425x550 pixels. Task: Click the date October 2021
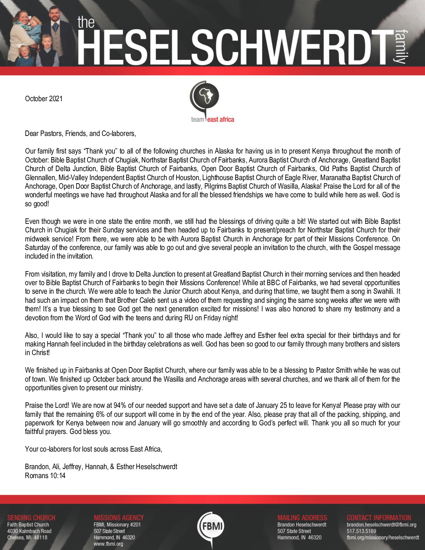click(x=44, y=99)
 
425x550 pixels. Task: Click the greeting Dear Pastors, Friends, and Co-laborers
click(x=80, y=134)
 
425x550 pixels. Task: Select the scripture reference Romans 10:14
click(x=45, y=476)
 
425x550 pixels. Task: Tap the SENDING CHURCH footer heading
click(x=31, y=518)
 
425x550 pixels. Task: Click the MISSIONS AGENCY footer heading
click(x=119, y=518)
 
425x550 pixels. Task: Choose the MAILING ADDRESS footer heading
click(x=302, y=518)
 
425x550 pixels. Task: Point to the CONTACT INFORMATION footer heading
click(x=379, y=518)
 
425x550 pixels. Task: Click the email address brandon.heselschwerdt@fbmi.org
click(x=381, y=525)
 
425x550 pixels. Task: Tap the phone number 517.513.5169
click(x=361, y=531)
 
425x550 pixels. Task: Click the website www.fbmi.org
click(x=108, y=544)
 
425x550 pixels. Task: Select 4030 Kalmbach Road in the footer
click(x=29, y=531)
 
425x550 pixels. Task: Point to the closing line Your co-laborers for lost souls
click(x=93, y=449)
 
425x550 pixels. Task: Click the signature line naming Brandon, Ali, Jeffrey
click(x=101, y=467)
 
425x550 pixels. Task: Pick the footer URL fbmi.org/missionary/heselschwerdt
click(x=383, y=537)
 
